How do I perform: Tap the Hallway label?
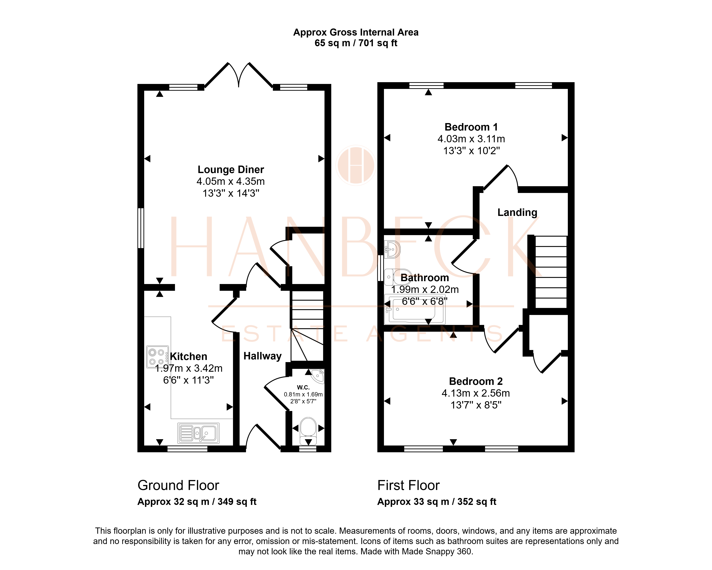click(x=263, y=356)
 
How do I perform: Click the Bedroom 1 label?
click(x=471, y=127)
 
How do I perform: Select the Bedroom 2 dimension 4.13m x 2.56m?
click(x=476, y=393)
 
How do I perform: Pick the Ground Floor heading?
click(x=178, y=486)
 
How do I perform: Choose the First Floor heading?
click(x=409, y=486)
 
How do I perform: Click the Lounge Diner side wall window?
click(x=141, y=228)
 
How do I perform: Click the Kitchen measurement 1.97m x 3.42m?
click(x=189, y=368)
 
